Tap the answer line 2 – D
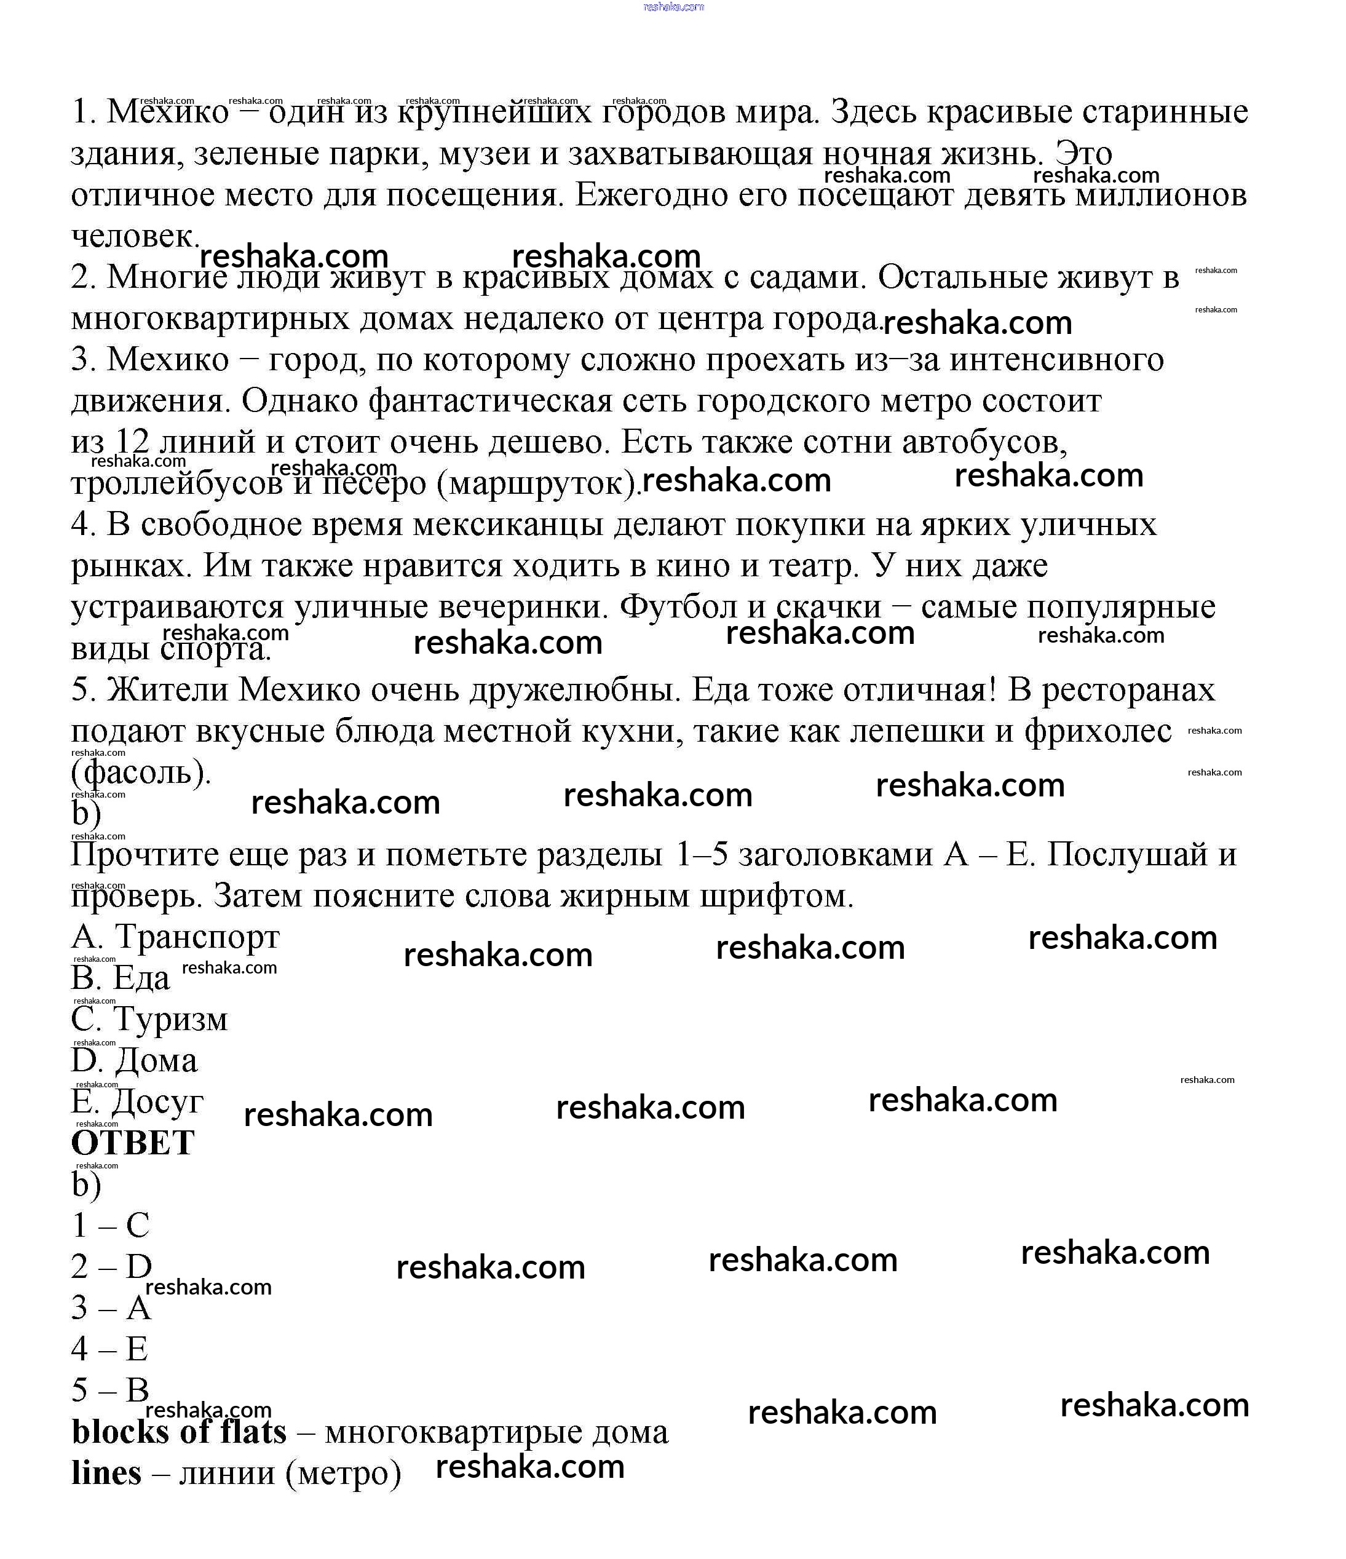pyautogui.click(x=111, y=1266)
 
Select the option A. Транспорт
pyautogui.click(x=175, y=937)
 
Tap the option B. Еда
pyautogui.click(x=121, y=978)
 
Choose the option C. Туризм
pyautogui.click(x=149, y=1020)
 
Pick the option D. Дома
pyautogui.click(x=134, y=1061)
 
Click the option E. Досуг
pyautogui.click(x=137, y=1102)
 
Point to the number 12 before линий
pyautogui.click(x=132, y=441)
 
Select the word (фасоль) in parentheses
pyautogui.click(x=141, y=772)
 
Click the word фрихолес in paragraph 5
pyautogui.click(x=1098, y=731)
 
